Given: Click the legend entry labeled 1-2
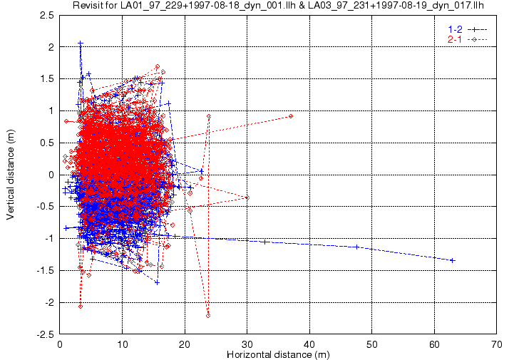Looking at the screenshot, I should pos(453,29).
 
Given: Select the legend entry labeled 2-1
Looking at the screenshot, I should pos(453,38).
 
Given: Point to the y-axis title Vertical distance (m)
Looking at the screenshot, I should pos(10,174).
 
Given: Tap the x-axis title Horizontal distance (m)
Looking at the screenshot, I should pos(279,354).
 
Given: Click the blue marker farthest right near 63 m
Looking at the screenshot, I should pos(453,260).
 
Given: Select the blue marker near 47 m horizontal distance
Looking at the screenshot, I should pos(356,247).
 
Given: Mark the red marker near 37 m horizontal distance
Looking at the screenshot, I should pos(291,116).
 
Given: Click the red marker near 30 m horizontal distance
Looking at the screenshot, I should pos(247,197).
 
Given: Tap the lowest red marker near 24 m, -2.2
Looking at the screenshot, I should pos(208,315).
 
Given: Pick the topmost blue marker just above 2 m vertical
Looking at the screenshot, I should pos(80,43).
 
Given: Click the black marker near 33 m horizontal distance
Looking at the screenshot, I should pos(265,242).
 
